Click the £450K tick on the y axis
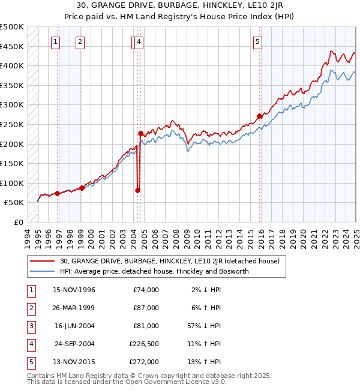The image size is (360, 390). click(12, 46)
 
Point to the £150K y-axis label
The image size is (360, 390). click(12, 163)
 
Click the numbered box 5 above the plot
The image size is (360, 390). click(257, 42)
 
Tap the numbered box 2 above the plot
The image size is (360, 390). click(80, 42)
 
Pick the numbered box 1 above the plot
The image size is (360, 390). click(55, 42)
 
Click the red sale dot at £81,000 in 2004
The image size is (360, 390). click(137, 190)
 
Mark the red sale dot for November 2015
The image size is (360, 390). click(259, 116)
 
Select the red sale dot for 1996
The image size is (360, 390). click(57, 193)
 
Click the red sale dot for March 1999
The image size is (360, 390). click(82, 188)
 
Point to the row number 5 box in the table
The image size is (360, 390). click(29, 362)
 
